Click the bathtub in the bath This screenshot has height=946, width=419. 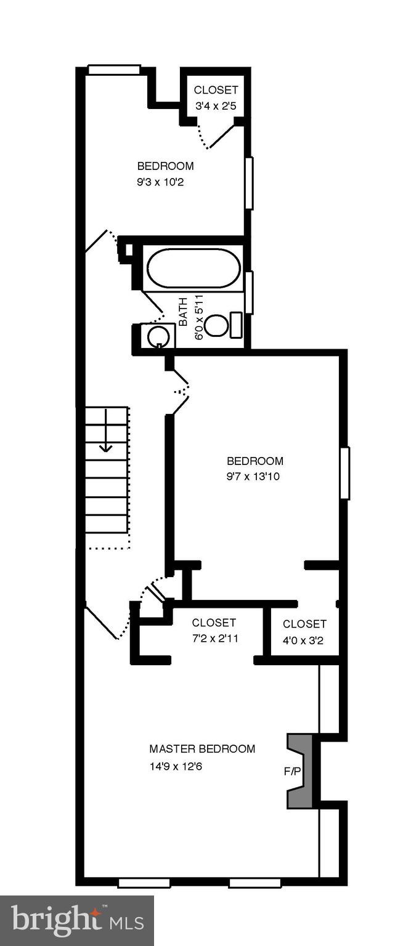point(193,268)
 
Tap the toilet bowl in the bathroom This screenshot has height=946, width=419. point(216,325)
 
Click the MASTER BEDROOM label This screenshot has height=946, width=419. point(202,749)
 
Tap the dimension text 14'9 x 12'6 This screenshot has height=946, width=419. point(176,767)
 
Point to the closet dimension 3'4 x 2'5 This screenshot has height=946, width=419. point(216,106)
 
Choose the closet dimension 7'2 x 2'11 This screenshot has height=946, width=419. point(215,638)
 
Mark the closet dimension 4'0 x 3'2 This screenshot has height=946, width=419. point(303,640)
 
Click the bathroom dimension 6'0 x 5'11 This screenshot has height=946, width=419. point(198,318)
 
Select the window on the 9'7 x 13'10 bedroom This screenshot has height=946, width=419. point(344,473)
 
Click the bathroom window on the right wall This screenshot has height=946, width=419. point(249,293)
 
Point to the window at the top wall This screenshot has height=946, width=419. point(114,70)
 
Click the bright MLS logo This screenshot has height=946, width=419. point(77,921)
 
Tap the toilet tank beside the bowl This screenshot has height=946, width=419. point(236,325)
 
